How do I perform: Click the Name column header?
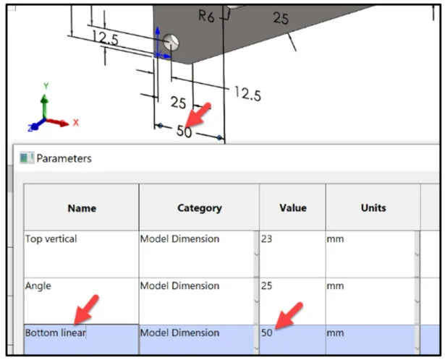point(82,208)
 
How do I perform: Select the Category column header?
point(199,208)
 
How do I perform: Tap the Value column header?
point(292,208)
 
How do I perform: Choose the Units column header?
point(373,208)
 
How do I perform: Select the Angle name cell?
point(38,286)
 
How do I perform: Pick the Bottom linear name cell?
point(56,333)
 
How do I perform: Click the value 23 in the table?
point(266,239)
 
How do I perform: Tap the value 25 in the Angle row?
point(266,286)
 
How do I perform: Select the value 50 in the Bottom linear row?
point(266,333)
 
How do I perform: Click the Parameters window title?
point(64,158)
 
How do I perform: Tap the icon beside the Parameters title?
point(27,158)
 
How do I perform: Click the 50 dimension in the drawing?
point(185,132)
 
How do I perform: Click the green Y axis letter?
point(46,86)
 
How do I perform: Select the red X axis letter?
point(75,123)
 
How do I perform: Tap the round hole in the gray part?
point(172,43)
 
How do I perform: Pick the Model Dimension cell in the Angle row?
point(179,286)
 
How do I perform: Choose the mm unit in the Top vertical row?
point(335,239)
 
